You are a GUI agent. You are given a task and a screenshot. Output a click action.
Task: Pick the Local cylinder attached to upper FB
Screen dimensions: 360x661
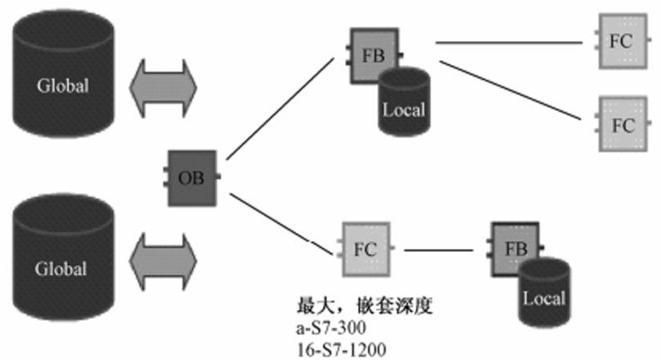point(404,100)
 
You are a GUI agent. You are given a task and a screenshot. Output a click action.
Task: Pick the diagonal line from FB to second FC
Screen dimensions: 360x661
point(512,88)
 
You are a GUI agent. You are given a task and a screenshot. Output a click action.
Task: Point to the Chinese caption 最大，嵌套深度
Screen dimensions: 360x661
point(364,306)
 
